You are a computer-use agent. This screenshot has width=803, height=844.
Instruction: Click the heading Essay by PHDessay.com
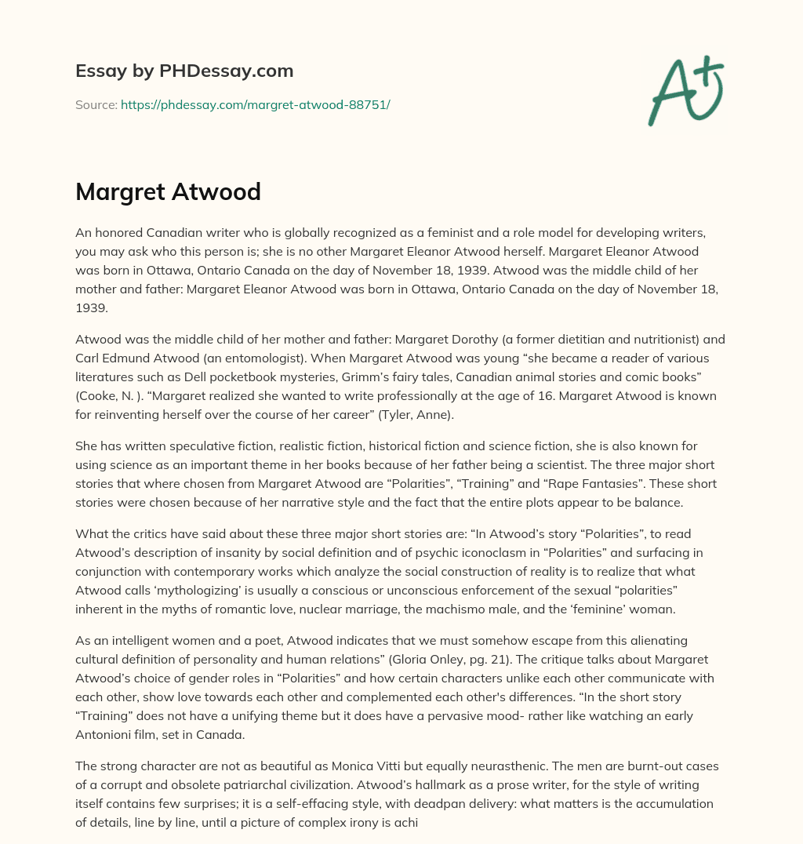(x=184, y=71)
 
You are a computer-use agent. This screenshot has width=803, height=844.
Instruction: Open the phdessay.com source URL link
(x=255, y=104)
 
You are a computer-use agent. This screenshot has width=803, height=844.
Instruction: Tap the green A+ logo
(x=685, y=91)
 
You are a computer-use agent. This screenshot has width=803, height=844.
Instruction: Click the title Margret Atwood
(x=168, y=191)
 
